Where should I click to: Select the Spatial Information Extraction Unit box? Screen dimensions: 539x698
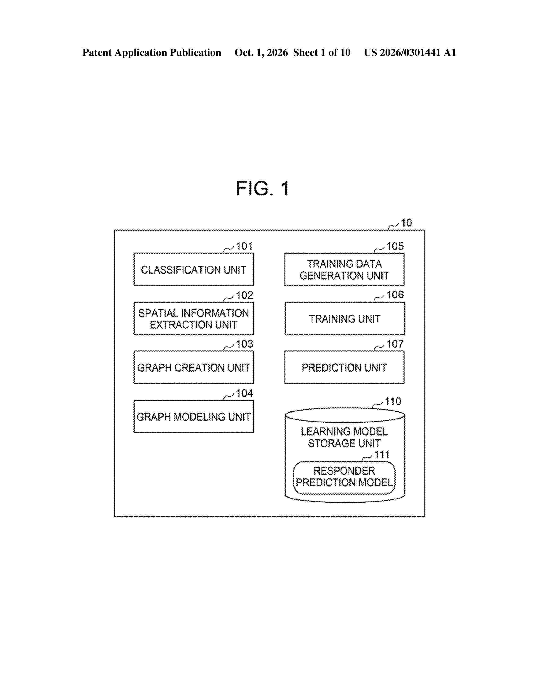coord(193,318)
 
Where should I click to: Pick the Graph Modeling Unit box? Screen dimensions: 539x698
coord(193,416)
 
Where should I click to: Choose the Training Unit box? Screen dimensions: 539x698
coord(345,318)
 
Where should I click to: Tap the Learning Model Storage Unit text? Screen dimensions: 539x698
coord(344,437)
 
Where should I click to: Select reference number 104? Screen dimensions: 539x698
coord(244,393)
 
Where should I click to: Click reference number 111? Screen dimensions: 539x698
coord(382,455)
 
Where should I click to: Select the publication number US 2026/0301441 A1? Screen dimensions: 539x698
coord(410,52)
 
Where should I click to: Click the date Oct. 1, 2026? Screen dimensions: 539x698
coord(261,52)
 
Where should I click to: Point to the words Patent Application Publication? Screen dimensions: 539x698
coord(152,52)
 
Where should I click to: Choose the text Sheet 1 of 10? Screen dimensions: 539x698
coord(322,52)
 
